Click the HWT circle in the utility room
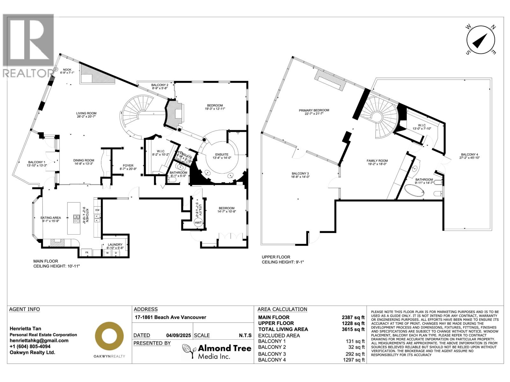tap(198, 223)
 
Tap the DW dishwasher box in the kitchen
tap(97, 210)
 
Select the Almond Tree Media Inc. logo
tap(217, 351)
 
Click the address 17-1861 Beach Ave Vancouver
tap(170, 317)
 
